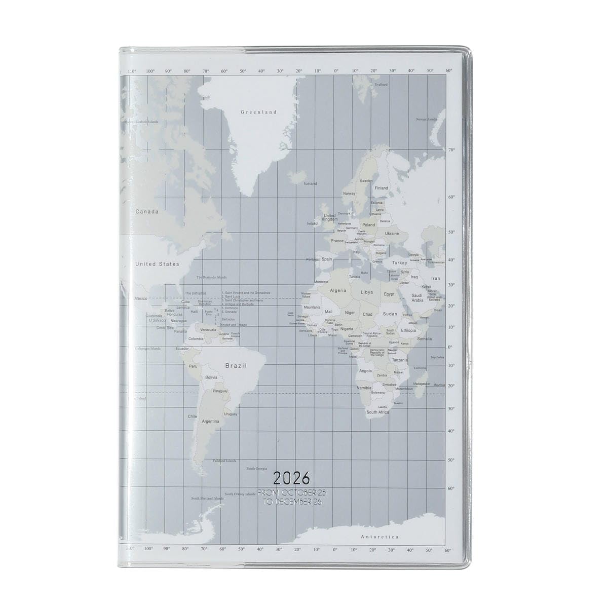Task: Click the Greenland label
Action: pos(258,112)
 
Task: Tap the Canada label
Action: pos(147,212)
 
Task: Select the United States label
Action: pos(157,264)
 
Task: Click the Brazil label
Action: pos(236,365)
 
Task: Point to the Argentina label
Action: pos(210,421)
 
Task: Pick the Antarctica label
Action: pos(379,537)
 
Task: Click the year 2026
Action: pos(291,478)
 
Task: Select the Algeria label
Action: pos(338,290)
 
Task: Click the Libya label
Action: pos(367,292)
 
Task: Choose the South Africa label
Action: pos(377,412)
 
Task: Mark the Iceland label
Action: pos(310,183)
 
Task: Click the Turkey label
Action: pos(400,263)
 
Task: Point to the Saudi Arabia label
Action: pos(417,298)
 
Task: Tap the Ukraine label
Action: pos(392,234)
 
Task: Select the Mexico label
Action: pos(141,298)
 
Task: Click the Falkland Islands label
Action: pos(224,461)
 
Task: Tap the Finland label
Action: pos(381,188)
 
